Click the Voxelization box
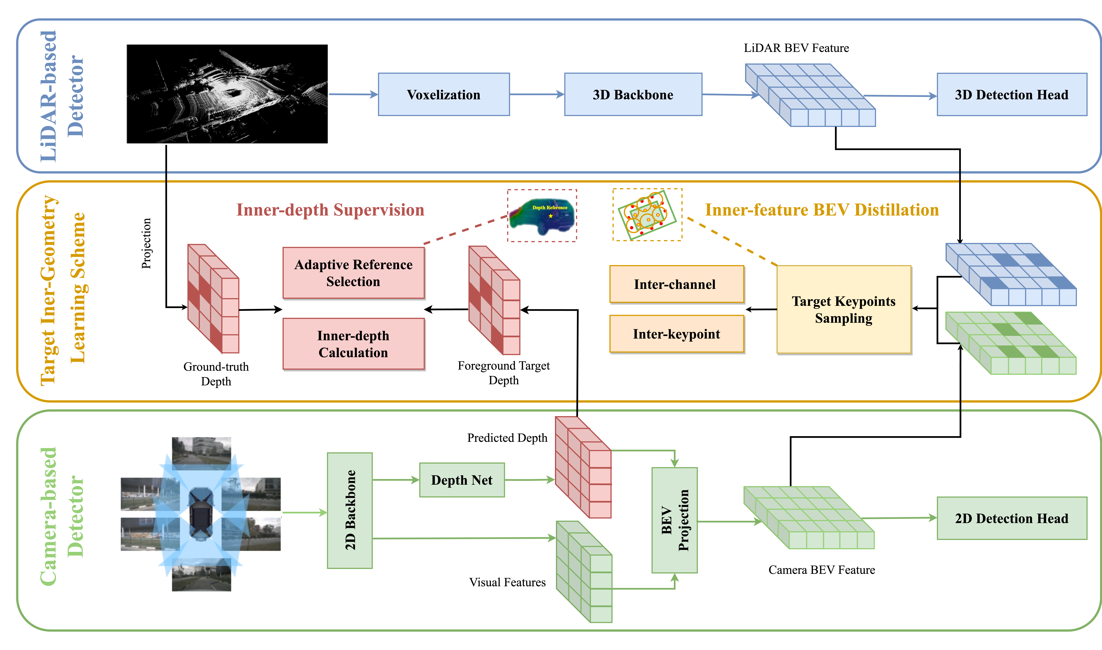443,95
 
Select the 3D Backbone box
633,95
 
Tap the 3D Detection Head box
1011,95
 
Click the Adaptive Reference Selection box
353,273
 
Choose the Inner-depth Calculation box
353,344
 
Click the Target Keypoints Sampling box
843,309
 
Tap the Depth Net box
462,480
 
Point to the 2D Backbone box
350,510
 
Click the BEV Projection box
674,520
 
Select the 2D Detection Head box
1011,518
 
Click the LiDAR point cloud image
227,94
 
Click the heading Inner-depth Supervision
330,210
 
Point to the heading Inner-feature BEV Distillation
822,210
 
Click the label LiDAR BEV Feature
796,48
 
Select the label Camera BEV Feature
822,570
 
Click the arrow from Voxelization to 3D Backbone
537,94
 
